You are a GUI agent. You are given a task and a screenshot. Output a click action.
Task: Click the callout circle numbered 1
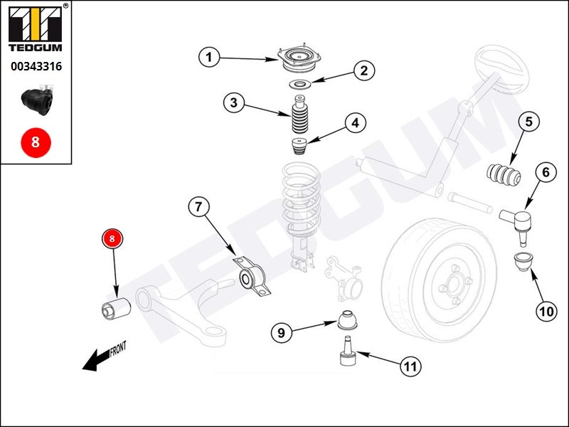click(x=209, y=57)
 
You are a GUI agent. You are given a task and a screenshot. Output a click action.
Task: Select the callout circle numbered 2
click(x=364, y=70)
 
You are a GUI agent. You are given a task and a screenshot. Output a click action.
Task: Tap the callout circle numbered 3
click(x=234, y=102)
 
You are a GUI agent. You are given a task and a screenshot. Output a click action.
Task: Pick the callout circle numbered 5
click(x=528, y=122)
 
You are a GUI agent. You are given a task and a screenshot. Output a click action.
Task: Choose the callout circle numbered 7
click(x=198, y=207)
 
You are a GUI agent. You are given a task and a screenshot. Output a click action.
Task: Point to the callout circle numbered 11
click(x=410, y=366)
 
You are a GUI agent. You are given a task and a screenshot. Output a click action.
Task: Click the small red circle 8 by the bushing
click(x=112, y=238)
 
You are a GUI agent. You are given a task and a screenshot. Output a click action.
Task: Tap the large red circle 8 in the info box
click(x=36, y=142)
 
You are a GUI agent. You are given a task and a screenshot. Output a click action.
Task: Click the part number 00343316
click(x=36, y=66)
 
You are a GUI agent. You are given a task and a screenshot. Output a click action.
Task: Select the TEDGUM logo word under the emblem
click(x=36, y=48)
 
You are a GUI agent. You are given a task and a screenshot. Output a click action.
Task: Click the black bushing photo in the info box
click(x=37, y=100)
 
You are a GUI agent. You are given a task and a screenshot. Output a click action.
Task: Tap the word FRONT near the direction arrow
click(x=117, y=349)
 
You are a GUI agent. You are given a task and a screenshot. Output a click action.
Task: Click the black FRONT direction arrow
click(x=96, y=360)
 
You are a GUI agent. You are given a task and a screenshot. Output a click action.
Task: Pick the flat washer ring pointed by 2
click(x=299, y=85)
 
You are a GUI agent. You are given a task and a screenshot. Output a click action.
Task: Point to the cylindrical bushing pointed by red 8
click(x=115, y=310)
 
